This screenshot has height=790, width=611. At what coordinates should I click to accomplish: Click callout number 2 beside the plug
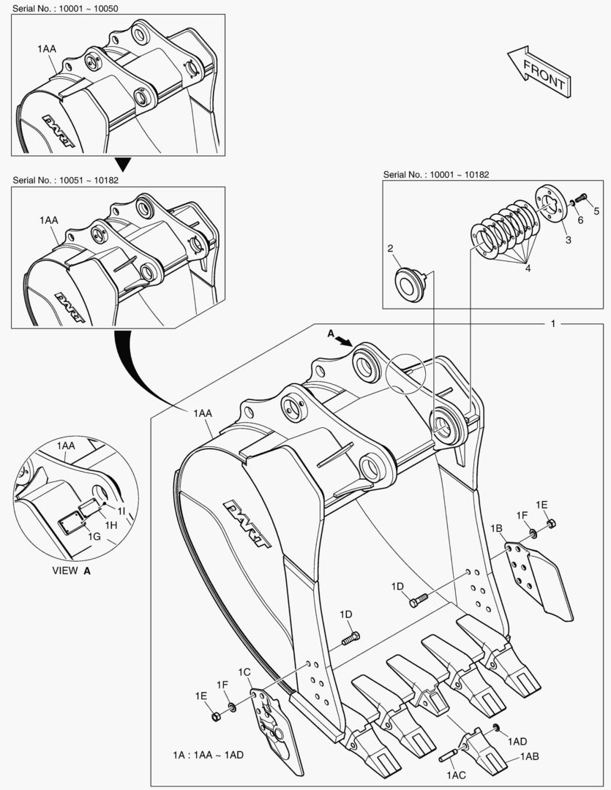391,249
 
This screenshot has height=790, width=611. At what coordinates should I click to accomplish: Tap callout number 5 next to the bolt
596,211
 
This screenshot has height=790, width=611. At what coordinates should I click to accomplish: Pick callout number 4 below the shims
528,268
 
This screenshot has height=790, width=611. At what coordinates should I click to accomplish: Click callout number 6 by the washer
580,219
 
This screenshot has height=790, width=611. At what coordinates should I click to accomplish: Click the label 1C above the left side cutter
244,671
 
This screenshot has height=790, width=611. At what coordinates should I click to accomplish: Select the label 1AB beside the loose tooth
530,757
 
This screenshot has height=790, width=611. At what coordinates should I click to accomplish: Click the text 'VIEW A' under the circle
71,571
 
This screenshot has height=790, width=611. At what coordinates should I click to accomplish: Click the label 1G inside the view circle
94,536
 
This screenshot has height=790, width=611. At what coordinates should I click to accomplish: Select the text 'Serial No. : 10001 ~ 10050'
66,7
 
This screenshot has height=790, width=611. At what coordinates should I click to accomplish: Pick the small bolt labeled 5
582,197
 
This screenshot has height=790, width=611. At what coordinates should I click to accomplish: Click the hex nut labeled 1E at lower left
216,716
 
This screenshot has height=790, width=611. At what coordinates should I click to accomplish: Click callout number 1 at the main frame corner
554,323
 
